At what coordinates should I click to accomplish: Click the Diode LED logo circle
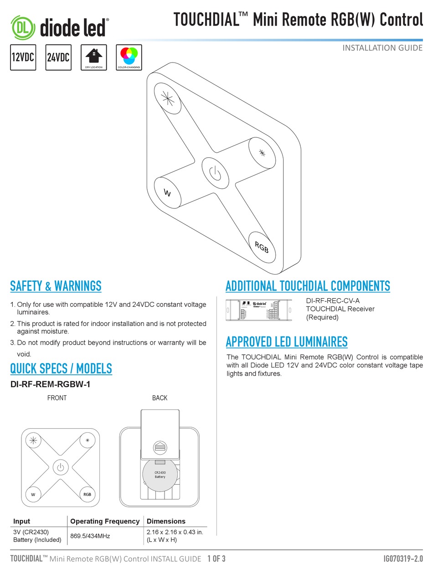tap(22, 28)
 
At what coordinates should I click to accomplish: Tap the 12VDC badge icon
tap(23, 57)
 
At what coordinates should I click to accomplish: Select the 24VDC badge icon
tap(58, 57)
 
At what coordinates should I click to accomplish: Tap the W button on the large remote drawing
tap(167, 193)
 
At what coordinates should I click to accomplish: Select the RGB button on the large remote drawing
tap(262, 247)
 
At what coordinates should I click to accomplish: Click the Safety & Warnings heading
tap(56, 286)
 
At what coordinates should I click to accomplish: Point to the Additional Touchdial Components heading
tap(308, 286)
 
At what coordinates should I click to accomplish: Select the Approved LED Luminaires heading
tap(287, 342)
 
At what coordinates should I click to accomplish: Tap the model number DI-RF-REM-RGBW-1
tap(50, 384)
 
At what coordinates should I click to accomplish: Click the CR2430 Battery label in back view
tap(160, 475)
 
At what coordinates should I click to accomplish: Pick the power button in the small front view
tap(60, 467)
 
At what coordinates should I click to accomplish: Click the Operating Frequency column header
tap(105, 521)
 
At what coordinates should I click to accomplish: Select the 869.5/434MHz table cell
tap(90, 536)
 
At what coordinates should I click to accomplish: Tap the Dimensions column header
tap(166, 521)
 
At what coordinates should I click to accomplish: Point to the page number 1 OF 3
tap(216, 559)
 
